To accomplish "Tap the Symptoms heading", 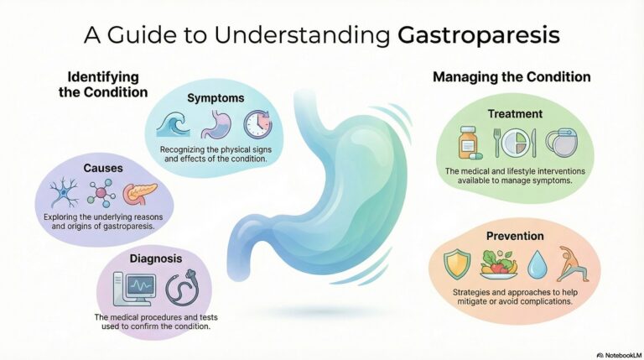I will click(216, 98).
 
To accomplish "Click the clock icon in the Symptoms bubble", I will click(258, 124).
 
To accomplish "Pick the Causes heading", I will click(103, 168).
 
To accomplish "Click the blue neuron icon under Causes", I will click(65, 194).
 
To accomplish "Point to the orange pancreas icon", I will click(140, 195).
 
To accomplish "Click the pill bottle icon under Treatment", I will click(468, 143).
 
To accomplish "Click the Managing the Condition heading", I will click(511, 76).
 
